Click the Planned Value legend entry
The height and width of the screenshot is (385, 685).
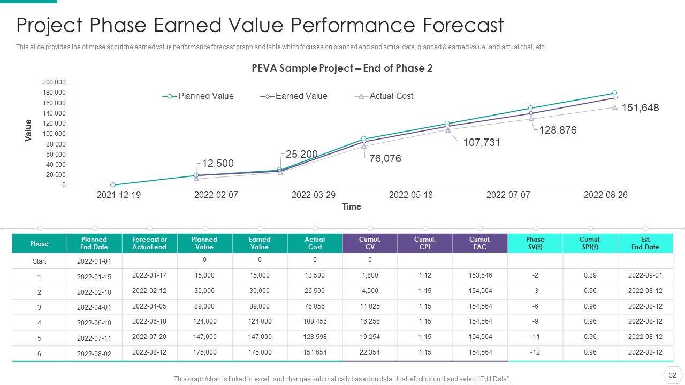click(x=199, y=96)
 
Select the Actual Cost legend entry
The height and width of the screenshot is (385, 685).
click(x=385, y=96)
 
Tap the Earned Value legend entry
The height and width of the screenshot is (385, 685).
click(x=295, y=96)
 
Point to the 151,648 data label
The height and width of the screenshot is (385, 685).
click(x=640, y=108)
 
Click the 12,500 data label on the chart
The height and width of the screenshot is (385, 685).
click(x=218, y=164)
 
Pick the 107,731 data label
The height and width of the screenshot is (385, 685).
click(x=482, y=143)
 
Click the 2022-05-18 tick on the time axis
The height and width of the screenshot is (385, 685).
click(x=410, y=195)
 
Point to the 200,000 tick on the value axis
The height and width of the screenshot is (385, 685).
click(x=54, y=82)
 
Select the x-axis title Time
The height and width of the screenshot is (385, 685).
click(x=352, y=207)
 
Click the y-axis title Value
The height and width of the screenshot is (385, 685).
click(x=28, y=130)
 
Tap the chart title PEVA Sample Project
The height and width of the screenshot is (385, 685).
click(x=342, y=68)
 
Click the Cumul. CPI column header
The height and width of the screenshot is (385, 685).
click(x=425, y=243)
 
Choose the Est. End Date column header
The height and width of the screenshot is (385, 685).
click(x=645, y=243)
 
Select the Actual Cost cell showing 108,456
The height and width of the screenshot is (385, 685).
click(x=315, y=321)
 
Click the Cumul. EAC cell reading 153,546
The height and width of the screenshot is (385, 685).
click(x=480, y=275)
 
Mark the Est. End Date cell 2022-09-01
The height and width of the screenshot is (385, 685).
click(x=645, y=275)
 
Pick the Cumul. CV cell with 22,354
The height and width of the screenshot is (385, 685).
click(x=370, y=352)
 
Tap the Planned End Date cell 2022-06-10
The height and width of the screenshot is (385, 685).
click(x=94, y=323)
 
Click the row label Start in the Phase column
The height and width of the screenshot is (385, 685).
click(x=39, y=261)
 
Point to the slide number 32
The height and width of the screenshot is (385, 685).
click(x=673, y=375)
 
